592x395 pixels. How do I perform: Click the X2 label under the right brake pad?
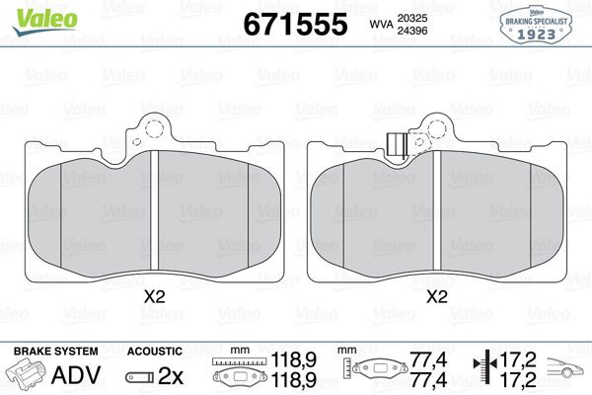pyautogui.click(x=435, y=295)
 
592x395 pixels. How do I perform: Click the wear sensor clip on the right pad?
pyautogui.click(x=400, y=145)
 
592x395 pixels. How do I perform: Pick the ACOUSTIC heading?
pyautogui.click(x=154, y=351)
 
